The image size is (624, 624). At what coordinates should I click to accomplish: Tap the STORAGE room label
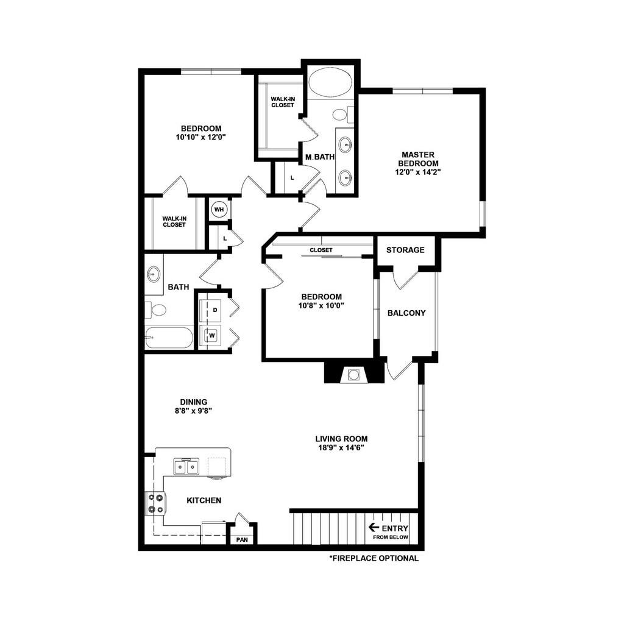405,250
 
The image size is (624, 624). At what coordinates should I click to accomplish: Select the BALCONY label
406,313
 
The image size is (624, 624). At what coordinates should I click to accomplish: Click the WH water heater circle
219,210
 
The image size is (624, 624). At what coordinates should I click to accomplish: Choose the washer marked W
213,335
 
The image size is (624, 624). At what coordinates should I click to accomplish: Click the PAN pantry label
242,540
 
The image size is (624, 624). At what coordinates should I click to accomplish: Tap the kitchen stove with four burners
154,503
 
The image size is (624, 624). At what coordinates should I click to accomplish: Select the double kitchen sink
186,467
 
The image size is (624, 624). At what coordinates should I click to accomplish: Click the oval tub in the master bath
330,82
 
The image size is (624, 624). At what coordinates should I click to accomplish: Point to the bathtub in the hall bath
169,338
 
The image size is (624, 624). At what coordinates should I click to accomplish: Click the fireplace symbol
353,374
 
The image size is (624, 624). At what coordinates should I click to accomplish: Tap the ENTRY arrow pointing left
374,528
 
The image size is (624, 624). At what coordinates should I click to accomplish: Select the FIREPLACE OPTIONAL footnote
374,558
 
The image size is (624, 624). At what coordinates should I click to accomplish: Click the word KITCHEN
204,500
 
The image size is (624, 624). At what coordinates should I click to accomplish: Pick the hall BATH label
178,287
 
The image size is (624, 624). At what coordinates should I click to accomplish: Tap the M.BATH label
320,157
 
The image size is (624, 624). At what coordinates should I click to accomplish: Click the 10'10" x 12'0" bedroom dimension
200,138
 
